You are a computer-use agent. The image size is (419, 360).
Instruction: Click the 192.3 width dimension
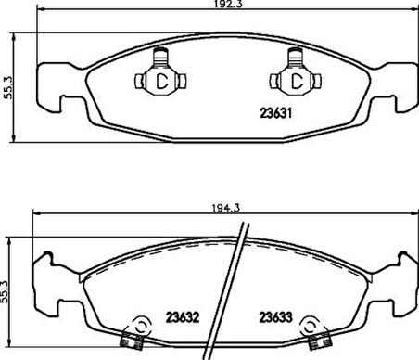click(x=229, y=4)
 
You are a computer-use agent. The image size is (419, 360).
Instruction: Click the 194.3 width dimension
click(x=226, y=208)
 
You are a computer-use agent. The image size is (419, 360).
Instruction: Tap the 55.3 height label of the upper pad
click(x=8, y=87)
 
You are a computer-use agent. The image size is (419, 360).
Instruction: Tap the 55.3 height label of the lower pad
click(x=4, y=292)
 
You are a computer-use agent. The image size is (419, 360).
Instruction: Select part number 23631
click(x=275, y=113)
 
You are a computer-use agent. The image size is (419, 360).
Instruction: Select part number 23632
click(x=183, y=317)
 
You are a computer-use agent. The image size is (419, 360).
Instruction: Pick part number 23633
click(x=275, y=317)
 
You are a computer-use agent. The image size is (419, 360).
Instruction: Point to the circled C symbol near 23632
click(x=142, y=327)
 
